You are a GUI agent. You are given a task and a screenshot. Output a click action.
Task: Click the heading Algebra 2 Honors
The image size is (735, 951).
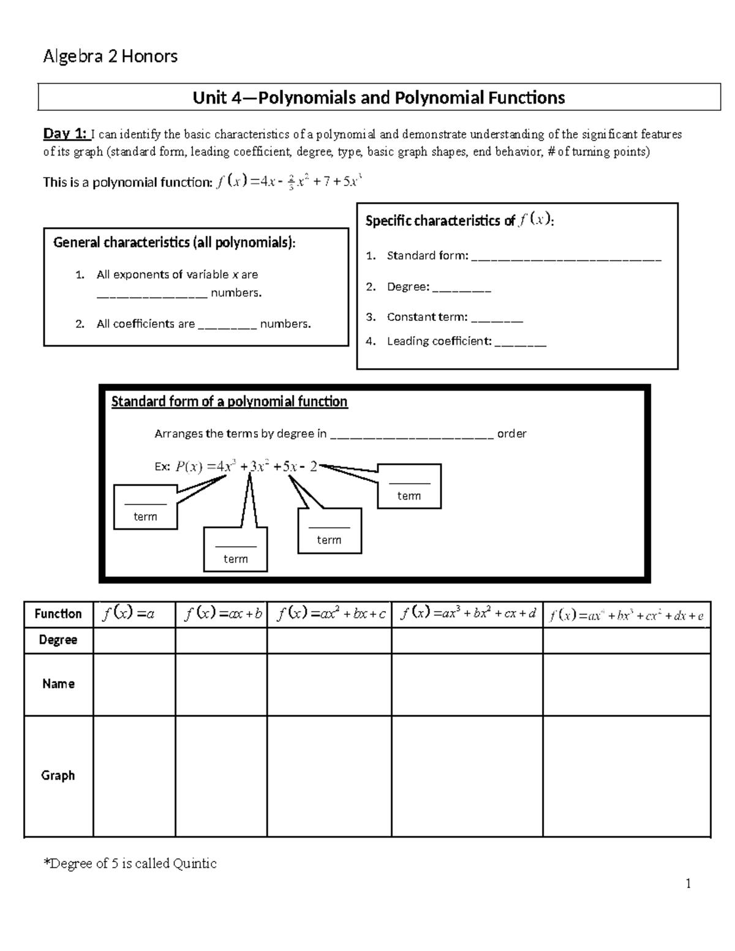pos(110,57)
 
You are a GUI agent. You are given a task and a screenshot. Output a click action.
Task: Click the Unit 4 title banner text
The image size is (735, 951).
pos(379,97)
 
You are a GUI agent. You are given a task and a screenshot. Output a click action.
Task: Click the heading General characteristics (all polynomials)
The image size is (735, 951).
pos(174,242)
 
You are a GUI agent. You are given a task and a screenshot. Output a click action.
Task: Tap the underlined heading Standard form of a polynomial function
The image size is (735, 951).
pos(229,402)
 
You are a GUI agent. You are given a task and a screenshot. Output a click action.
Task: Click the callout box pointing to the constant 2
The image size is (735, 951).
pos(409,486)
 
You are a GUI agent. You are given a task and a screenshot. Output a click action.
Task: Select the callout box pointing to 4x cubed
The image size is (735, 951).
pos(145,507)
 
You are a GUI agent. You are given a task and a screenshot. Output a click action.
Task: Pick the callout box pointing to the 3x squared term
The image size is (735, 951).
pos(235,549)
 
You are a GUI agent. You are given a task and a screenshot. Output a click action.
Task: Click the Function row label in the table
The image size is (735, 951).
pos(58,614)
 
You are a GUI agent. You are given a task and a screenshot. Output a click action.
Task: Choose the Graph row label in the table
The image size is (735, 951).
pos(58,775)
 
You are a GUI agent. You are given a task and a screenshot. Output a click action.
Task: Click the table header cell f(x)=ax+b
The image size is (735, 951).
pos(221,614)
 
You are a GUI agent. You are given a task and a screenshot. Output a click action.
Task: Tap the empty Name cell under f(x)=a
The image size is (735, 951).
pos(134,684)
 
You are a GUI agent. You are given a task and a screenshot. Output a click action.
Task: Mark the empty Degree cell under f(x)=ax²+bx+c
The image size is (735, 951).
pos(329,641)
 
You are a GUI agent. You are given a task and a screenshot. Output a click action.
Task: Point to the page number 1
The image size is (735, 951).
pos(688,883)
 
